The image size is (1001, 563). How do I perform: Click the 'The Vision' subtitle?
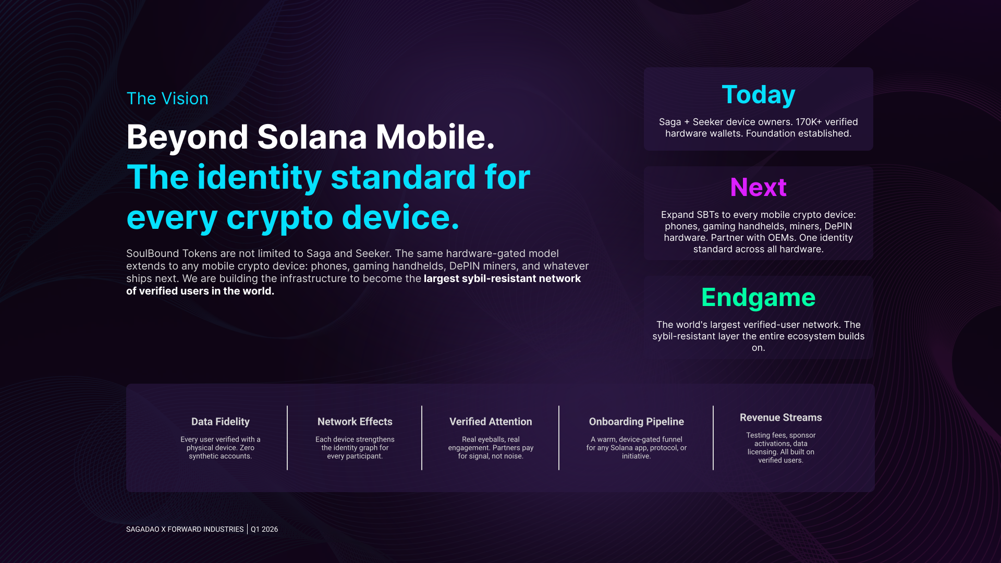pyautogui.click(x=167, y=99)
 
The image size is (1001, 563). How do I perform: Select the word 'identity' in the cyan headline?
pyautogui.click(x=259, y=177)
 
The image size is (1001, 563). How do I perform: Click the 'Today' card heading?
pyautogui.click(x=759, y=95)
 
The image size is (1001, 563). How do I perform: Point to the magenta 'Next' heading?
pyautogui.click(x=759, y=187)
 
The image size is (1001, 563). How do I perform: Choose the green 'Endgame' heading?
pyautogui.click(x=759, y=298)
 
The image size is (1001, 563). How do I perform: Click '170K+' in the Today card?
pyautogui.click(x=809, y=122)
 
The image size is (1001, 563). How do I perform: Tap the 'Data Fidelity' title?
pyautogui.click(x=221, y=422)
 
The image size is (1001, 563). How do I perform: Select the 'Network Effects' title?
pyautogui.click(x=355, y=422)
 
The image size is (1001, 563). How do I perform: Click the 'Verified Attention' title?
pyautogui.click(x=491, y=422)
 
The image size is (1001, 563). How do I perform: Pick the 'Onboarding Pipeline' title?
pyautogui.click(x=637, y=422)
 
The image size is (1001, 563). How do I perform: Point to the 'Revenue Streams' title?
pyautogui.click(x=781, y=418)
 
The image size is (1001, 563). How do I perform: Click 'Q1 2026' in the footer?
pyautogui.click(x=264, y=529)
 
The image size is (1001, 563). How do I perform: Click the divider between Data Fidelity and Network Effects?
pyautogui.click(x=287, y=438)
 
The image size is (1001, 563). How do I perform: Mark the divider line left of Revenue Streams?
pyautogui.click(x=713, y=438)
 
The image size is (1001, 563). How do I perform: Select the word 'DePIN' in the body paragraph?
pyautogui.click(x=465, y=266)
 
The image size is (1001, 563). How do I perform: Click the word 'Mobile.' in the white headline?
pyautogui.click(x=435, y=137)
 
